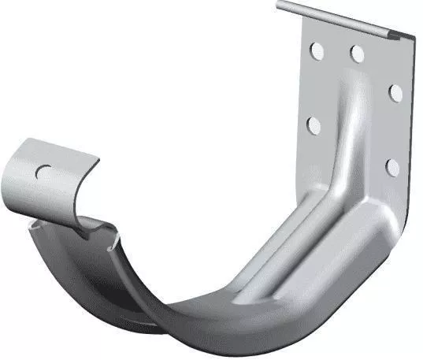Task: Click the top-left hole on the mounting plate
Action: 316,52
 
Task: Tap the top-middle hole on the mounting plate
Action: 357,54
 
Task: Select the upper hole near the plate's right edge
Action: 395,93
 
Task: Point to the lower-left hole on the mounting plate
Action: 313,124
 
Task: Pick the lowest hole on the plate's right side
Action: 392,166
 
